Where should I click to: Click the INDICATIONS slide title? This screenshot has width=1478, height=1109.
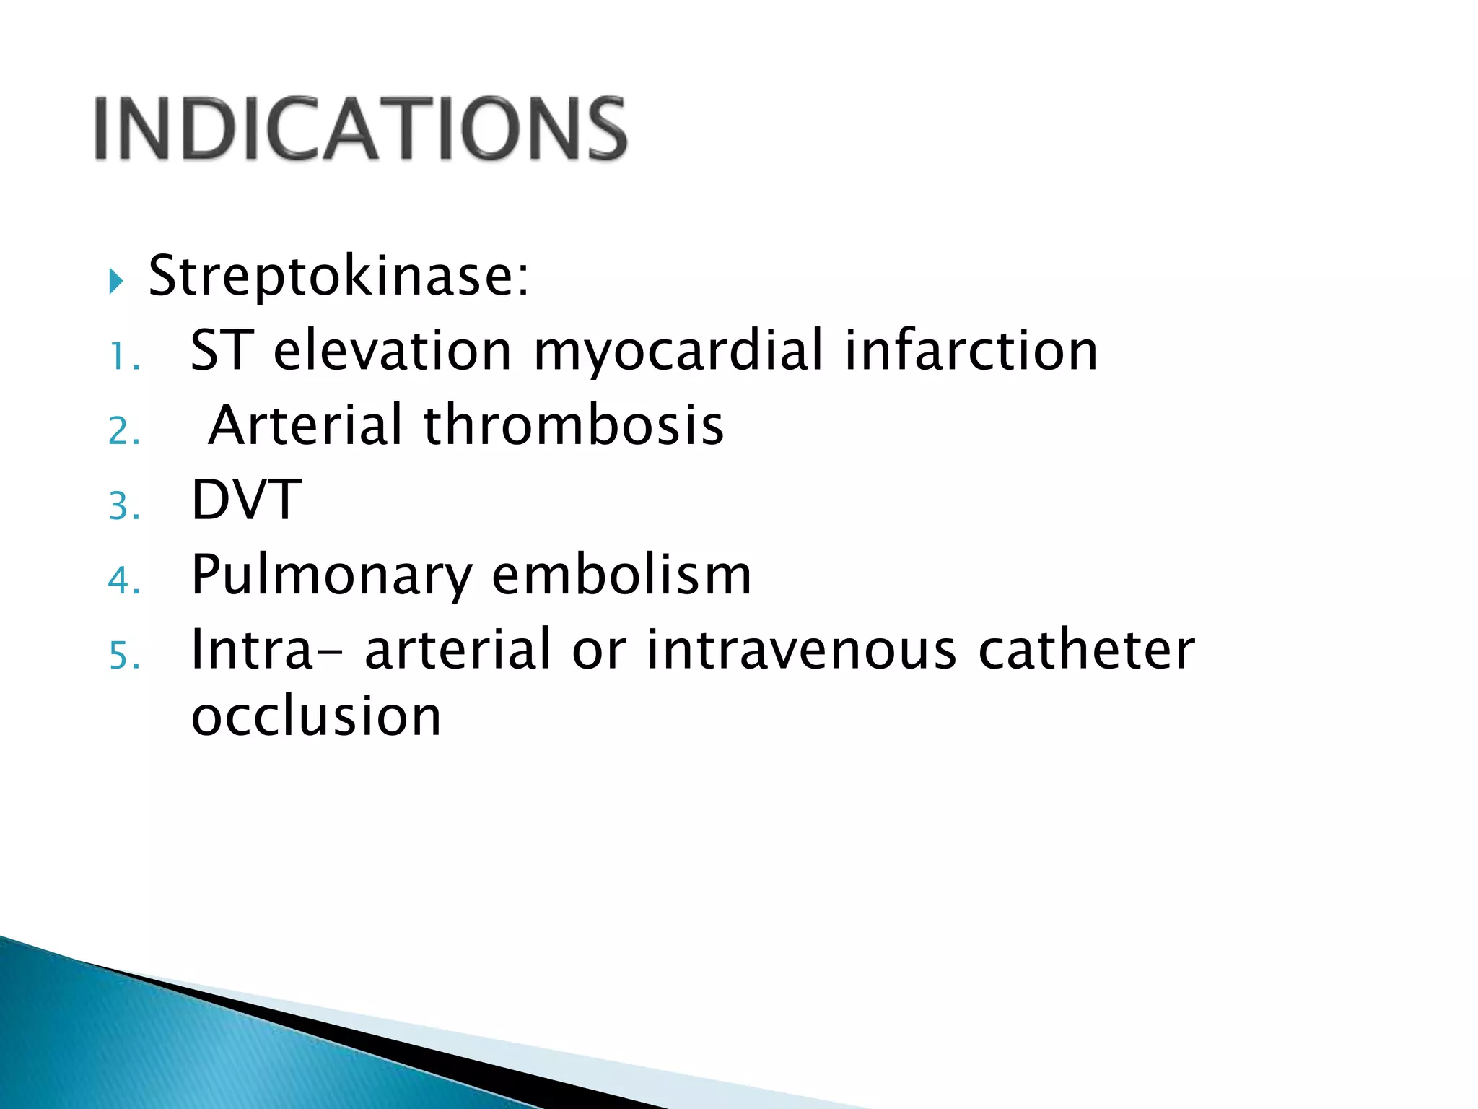point(361,129)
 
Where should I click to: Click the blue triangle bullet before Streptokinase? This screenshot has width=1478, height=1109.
point(116,280)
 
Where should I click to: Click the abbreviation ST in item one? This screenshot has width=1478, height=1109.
point(222,351)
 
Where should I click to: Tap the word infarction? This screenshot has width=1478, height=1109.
point(971,351)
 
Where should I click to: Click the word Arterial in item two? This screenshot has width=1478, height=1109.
point(305,425)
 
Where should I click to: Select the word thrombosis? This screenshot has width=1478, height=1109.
point(574,425)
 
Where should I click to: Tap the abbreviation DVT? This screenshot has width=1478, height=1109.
point(246,500)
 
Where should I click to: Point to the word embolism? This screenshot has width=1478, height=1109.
point(621,575)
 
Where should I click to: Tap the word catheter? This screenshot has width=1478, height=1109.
point(1086,650)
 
